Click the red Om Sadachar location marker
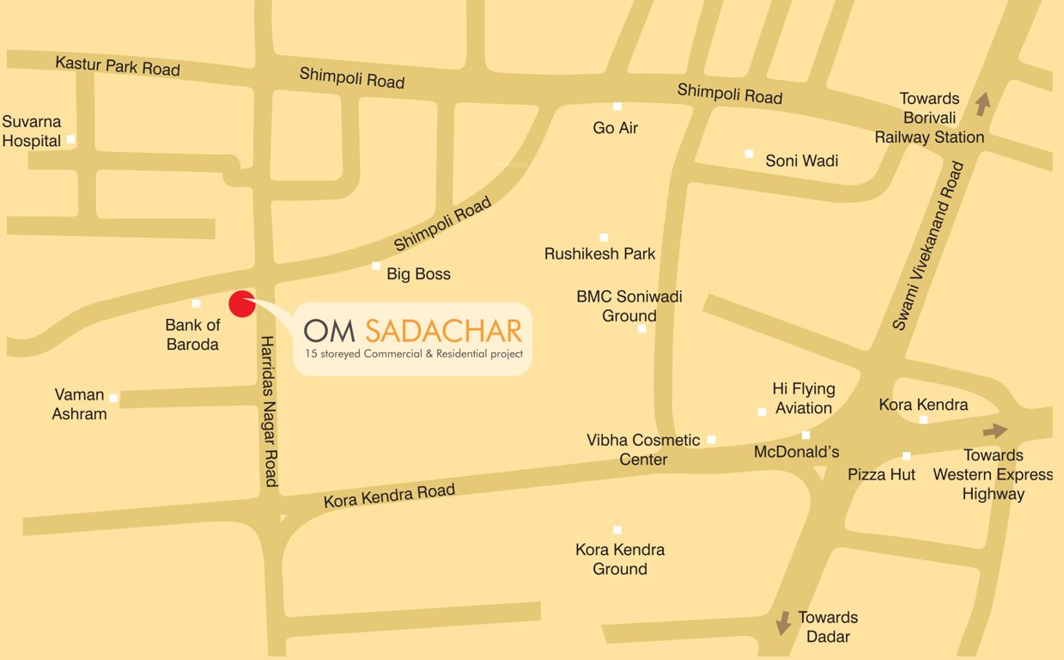pos(242,303)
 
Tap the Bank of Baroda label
pos(192,335)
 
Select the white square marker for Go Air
pos(617,107)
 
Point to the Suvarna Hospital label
pos(32,131)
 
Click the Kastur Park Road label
pos(118,66)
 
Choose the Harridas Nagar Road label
pos(270,411)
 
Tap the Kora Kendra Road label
pos(389,496)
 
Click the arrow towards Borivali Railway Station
pos(982,105)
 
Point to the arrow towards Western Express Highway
pos(996,431)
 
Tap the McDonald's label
pos(796,452)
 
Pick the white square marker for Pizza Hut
pos(906,456)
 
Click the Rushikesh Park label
pos(599,254)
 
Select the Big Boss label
pos(418,274)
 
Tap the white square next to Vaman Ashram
pos(113,398)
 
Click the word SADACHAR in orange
pos(443,330)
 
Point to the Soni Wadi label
pos(801,161)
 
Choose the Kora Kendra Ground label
pos(620,559)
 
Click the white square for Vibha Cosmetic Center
pos(711,440)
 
